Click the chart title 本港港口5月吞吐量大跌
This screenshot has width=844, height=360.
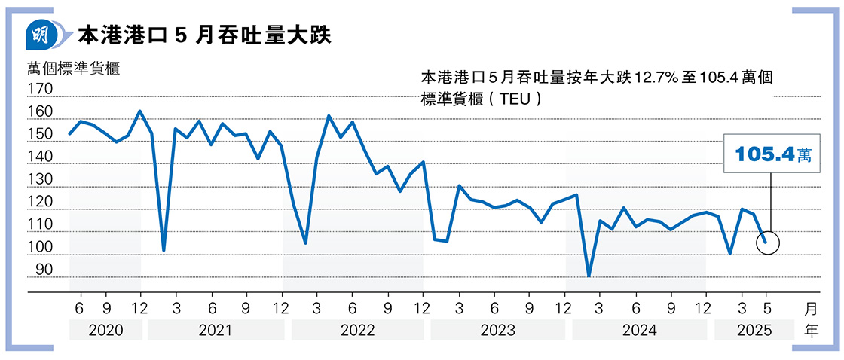point(204,35)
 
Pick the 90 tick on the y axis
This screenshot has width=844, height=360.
point(43,270)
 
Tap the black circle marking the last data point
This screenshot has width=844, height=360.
point(767,243)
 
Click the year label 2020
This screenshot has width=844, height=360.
point(105,330)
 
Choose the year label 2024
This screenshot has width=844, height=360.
point(640,330)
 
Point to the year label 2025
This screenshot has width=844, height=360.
point(753,330)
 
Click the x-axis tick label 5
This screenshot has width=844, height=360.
point(766,307)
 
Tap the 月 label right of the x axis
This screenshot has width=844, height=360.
point(811,308)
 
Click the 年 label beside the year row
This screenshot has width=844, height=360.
point(811,330)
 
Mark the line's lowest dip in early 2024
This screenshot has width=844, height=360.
point(589,276)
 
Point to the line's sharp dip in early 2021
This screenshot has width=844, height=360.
point(164,250)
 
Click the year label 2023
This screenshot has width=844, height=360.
point(497,330)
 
